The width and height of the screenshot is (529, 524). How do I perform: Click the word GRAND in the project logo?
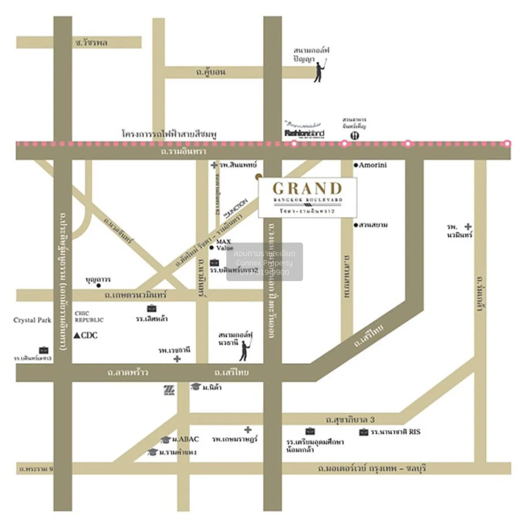tap(307, 189)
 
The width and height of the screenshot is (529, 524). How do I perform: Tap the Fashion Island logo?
tap(304, 133)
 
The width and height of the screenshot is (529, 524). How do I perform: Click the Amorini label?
tap(373, 165)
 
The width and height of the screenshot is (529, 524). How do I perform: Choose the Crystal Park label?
tap(32, 320)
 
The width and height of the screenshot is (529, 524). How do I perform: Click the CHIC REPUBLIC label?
tap(89, 316)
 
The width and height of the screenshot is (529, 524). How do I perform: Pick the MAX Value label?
tap(224, 245)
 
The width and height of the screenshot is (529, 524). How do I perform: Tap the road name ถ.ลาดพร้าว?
tap(128, 372)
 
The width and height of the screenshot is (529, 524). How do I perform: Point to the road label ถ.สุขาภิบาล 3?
tap(350, 420)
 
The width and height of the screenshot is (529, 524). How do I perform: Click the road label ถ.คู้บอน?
tap(211, 72)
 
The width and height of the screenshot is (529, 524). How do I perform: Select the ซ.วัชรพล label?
tap(91, 43)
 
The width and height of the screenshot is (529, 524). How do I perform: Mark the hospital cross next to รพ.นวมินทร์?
tap(468, 227)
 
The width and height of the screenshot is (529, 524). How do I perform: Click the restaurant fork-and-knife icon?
tap(355, 135)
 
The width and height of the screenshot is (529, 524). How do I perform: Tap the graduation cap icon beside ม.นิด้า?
tap(195, 387)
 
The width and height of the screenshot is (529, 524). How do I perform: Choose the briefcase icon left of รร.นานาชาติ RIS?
tap(364, 432)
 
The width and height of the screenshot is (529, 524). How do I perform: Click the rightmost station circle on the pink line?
tap(507, 143)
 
